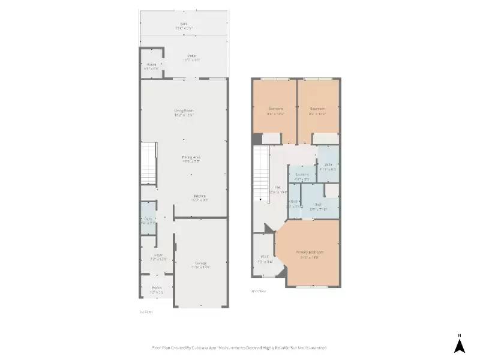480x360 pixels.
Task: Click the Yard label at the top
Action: tap(184, 24)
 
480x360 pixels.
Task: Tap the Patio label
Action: tap(191, 56)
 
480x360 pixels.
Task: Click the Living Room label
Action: tap(184, 111)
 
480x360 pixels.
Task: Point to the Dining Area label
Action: tap(191, 157)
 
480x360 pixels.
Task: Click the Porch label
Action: tap(157, 288)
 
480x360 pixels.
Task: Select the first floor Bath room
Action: tap(148, 220)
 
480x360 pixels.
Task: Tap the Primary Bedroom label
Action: tap(310, 252)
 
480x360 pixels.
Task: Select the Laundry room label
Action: tap(302, 175)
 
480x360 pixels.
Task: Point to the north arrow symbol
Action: tap(459, 344)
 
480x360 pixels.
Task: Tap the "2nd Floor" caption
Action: tap(258, 291)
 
